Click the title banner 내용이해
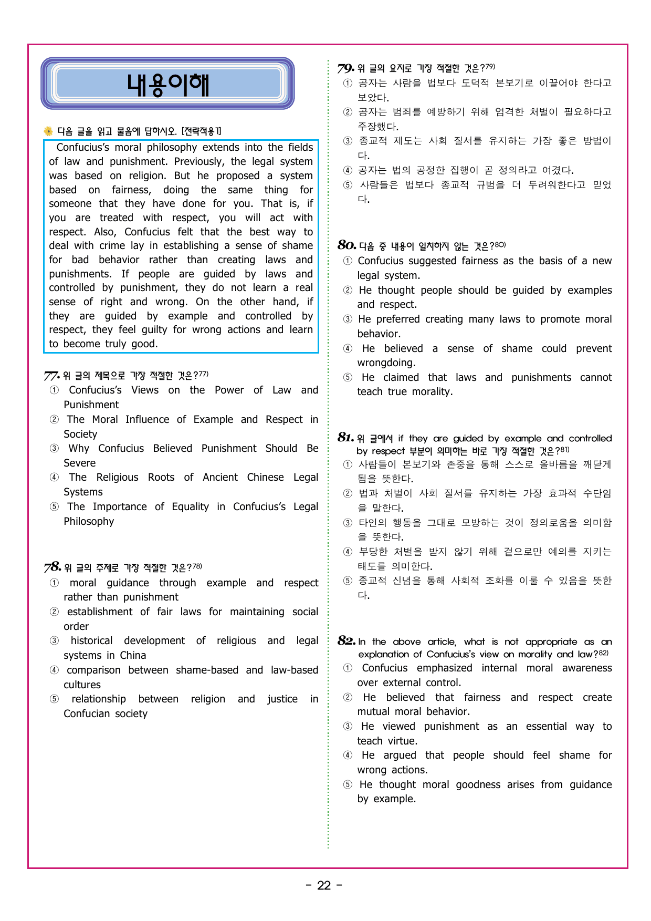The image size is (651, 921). [167, 84]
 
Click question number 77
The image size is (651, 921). [51, 376]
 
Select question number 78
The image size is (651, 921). [52, 567]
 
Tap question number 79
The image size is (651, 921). [346, 68]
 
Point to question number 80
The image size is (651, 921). [346, 245]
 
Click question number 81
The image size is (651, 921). [345, 438]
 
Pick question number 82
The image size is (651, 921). [346, 641]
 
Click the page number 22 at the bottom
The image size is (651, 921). [324, 886]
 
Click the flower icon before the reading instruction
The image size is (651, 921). [48, 131]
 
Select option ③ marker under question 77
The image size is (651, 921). [54, 449]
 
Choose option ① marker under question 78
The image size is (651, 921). [54, 583]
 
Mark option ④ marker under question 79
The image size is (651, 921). [348, 170]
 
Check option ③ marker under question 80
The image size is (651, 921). [348, 319]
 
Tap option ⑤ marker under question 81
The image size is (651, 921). [348, 581]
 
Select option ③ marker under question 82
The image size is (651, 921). [348, 727]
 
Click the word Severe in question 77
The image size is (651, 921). [80, 463]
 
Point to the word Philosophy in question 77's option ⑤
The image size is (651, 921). [89, 522]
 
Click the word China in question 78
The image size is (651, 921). [133, 656]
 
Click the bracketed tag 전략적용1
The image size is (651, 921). [201, 131]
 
